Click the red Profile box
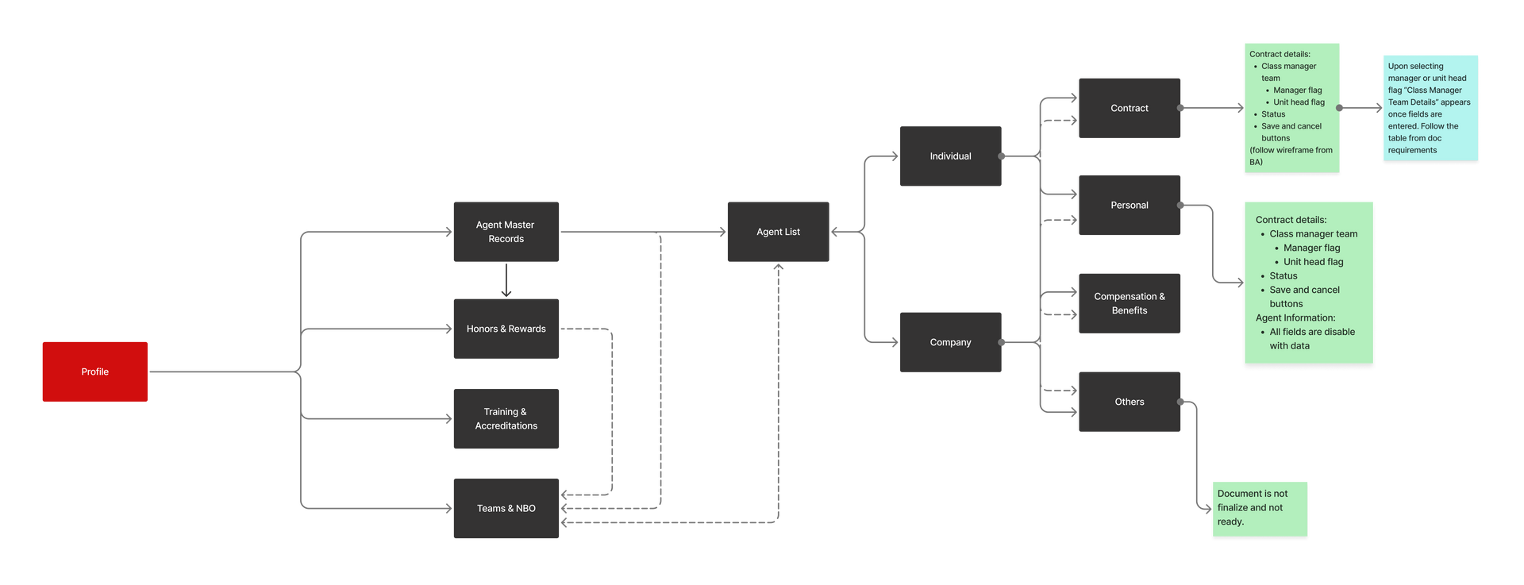tap(95, 371)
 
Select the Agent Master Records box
tap(506, 232)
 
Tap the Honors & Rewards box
tap(506, 329)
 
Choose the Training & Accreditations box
tap(506, 418)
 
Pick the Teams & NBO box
tap(506, 508)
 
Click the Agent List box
tap(778, 232)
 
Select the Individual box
tap(950, 156)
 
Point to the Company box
tap(950, 342)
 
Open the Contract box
tap(1129, 108)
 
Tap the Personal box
tap(1129, 205)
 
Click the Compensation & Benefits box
tap(1129, 303)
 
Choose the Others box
tap(1129, 402)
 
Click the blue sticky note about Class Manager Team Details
tap(1430, 109)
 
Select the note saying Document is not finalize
tap(1259, 509)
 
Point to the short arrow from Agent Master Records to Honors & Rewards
tap(506, 280)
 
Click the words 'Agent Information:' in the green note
tap(1295, 318)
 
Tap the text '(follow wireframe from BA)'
tap(1291, 156)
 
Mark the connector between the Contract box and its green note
tap(1211, 108)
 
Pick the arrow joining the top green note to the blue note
tap(1360, 108)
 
